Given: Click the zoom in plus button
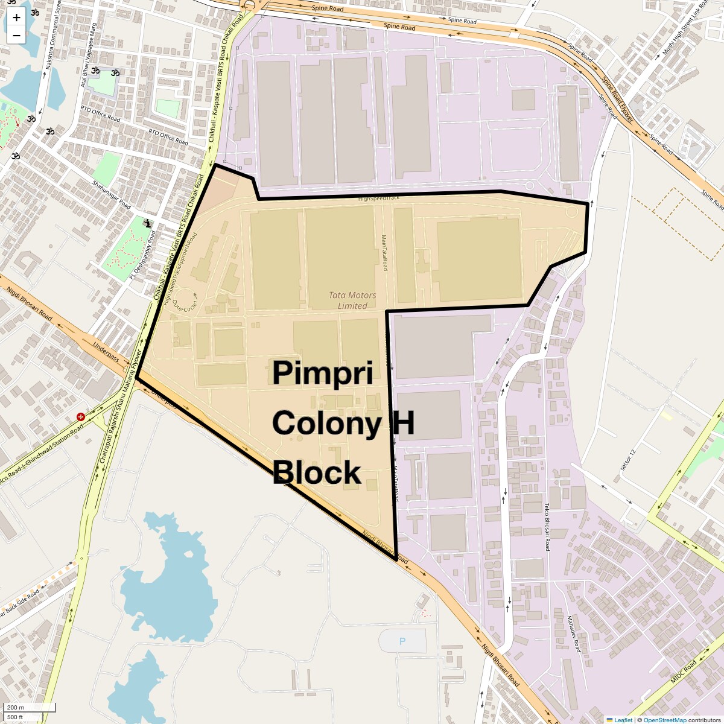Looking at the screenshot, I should (16, 17).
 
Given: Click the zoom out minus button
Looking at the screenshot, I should (16, 35).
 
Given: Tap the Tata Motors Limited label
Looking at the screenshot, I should (352, 300).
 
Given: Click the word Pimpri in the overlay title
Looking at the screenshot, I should (322, 373).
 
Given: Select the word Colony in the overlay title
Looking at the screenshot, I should (326, 423).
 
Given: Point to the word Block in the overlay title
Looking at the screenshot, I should (316, 472).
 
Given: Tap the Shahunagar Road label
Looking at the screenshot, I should (112, 195).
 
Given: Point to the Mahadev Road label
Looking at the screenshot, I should (573, 634).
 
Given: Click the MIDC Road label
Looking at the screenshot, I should (684, 671).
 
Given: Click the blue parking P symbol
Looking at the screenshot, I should (402, 641).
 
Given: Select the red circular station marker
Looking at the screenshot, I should (81, 417).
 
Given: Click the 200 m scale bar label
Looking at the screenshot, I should (16, 707).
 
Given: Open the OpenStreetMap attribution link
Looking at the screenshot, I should (664, 720).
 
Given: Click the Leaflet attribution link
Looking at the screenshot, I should (623, 720).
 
